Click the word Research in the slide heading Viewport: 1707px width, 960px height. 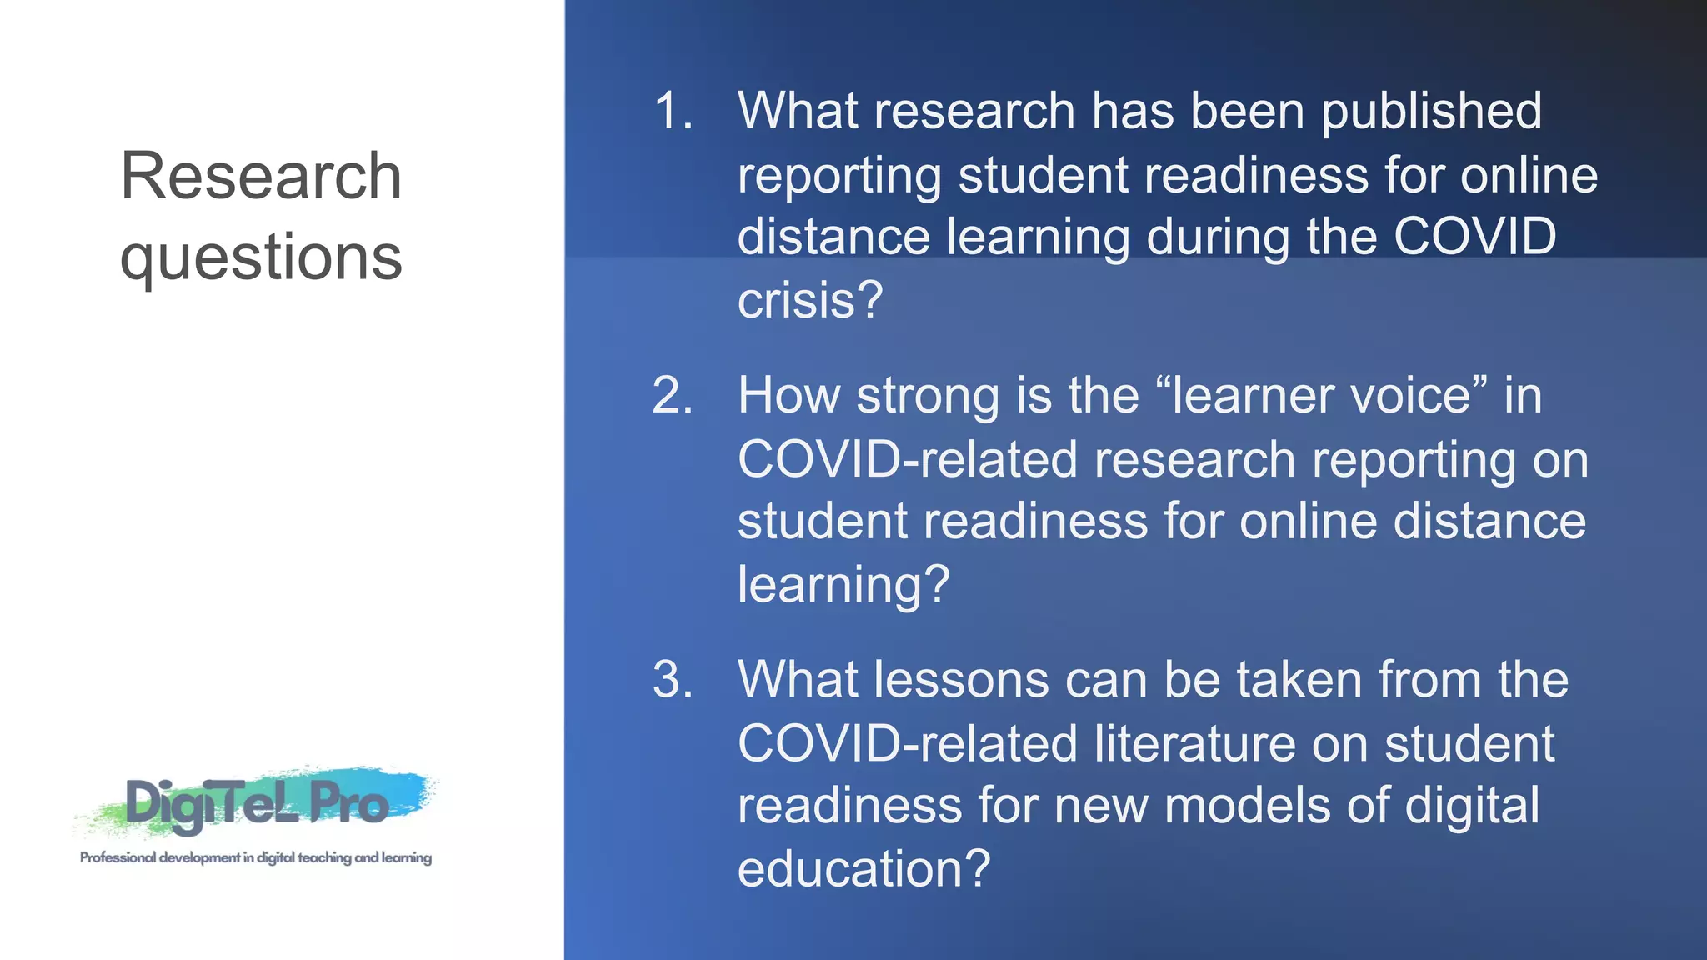tap(261, 176)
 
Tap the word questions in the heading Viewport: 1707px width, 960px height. tap(261, 257)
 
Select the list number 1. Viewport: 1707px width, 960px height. tap(673, 111)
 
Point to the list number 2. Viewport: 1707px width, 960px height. tap(673, 395)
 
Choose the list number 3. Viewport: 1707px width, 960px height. tap(673, 680)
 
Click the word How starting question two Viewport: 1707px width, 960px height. tap(788, 395)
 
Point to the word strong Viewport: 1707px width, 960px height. tap(928, 397)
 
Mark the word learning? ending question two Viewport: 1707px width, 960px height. tap(843, 585)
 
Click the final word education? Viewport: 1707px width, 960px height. tap(864, 869)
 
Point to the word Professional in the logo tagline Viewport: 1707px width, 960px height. tap(118, 857)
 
